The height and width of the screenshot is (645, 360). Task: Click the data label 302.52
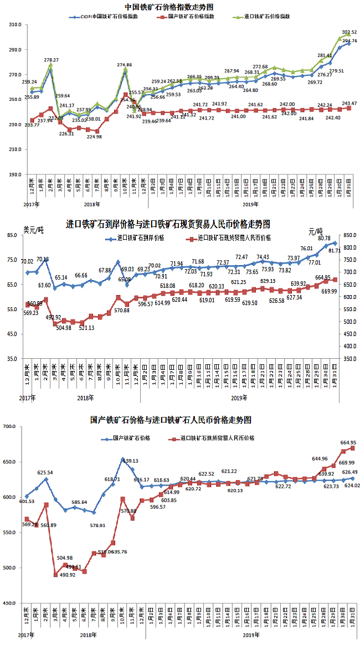(x=349, y=33)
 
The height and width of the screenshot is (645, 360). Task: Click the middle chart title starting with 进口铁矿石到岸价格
(x=168, y=224)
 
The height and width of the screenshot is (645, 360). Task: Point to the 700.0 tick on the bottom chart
(x=12, y=426)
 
